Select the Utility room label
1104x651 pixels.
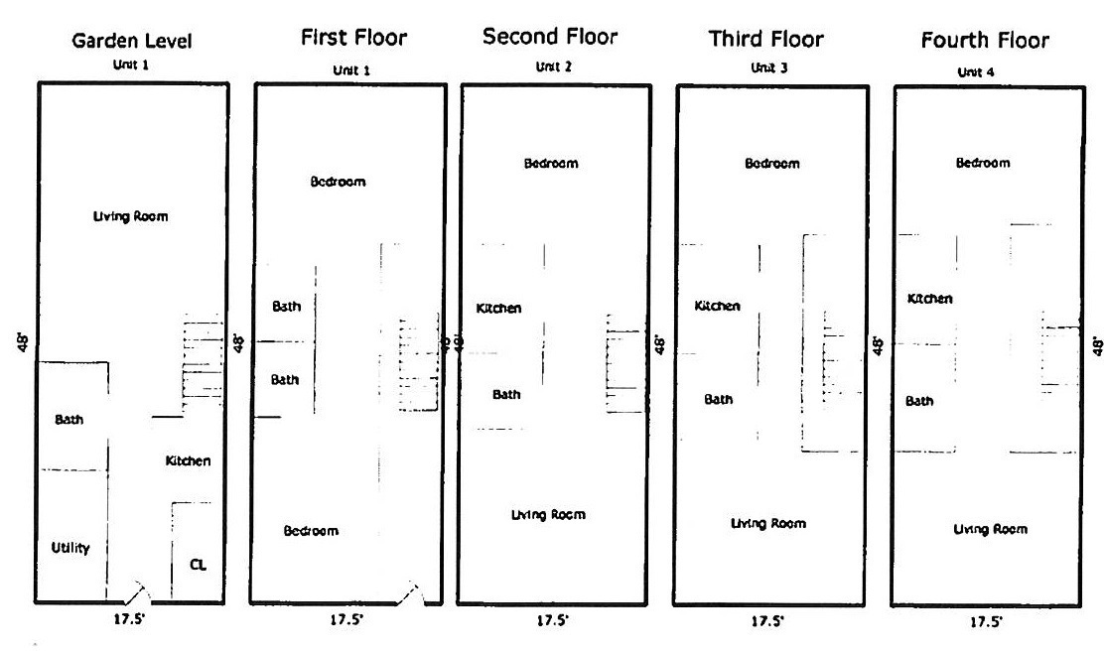pos(70,548)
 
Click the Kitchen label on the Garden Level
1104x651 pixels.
pos(188,460)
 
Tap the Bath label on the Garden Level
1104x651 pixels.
pos(69,420)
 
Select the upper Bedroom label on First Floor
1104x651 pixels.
pos(338,182)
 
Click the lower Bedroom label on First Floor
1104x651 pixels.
pos(311,531)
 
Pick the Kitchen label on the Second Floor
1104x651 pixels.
pos(498,309)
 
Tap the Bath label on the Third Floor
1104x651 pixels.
pos(718,400)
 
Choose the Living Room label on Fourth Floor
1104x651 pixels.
pos(990,529)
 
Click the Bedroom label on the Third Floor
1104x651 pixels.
pos(771,164)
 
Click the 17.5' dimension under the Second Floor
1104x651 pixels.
pos(552,620)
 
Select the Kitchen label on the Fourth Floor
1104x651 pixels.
pos(929,299)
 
